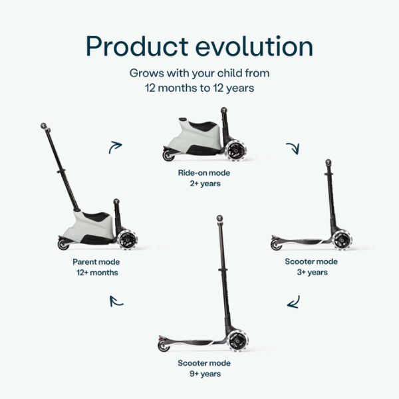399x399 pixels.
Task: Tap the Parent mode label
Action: click(96, 262)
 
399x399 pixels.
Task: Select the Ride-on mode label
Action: click(199, 173)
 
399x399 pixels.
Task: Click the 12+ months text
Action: click(96, 273)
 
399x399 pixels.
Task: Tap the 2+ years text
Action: click(199, 184)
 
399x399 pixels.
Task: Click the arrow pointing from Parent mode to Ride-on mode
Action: click(116, 147)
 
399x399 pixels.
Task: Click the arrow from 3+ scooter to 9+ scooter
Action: click(293, 303)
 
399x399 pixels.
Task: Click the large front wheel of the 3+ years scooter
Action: click(341, 239)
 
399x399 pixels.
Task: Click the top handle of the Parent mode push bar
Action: click(44, 124)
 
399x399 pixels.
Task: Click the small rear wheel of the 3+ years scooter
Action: click(275, 245)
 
